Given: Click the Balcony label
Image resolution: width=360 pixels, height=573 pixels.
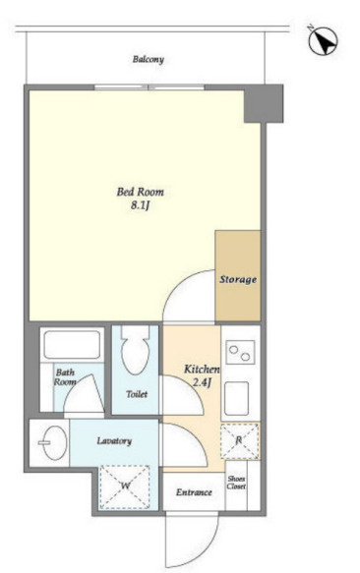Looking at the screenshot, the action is [149, 59].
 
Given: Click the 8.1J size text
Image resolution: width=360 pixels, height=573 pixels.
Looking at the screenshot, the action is [141, 205].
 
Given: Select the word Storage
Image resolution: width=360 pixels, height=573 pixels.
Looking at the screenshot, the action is [238, 279].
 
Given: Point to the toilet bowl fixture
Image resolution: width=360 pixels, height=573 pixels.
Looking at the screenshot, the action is [135, 350].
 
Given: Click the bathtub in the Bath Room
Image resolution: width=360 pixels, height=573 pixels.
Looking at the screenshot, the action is [72, 344].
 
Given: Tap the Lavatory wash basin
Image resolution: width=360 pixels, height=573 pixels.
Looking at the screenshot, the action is [53, 443].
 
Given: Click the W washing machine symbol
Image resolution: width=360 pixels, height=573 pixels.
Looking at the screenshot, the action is [125, 487].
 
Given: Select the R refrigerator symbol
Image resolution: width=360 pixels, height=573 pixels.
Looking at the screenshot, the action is [240, 441].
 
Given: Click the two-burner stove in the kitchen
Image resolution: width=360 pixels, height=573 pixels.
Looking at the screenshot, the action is [240, 352].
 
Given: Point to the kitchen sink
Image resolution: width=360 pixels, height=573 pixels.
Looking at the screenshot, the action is [236, 398].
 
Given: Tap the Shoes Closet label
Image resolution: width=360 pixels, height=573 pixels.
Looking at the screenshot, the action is [236, 483].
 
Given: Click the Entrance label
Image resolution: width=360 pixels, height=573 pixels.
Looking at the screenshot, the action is [194, 492].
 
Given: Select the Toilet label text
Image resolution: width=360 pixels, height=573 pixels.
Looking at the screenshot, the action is [137, 394].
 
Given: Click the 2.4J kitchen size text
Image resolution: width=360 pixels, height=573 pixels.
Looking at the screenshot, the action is [203, 383].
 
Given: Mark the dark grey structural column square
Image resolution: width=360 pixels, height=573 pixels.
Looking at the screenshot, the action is [264, 103].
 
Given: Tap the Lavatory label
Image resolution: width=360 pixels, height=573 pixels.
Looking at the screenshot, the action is [114, 441].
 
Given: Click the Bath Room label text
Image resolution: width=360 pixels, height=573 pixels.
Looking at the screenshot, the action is [65, 377].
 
